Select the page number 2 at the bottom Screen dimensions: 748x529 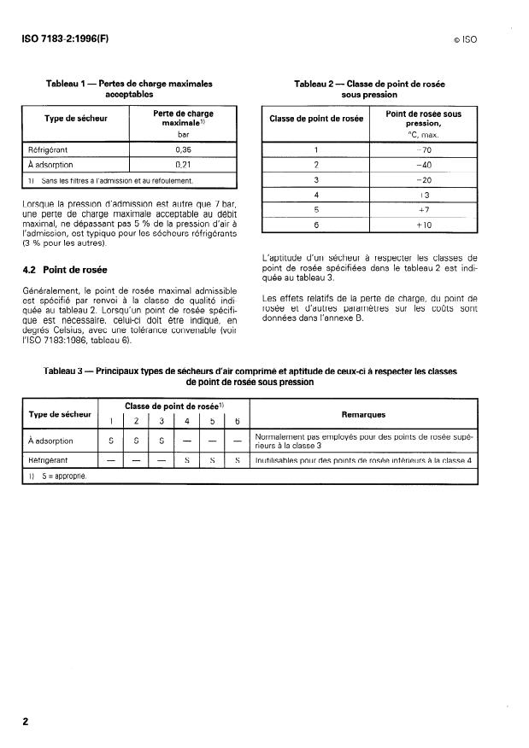(x=25, y=722)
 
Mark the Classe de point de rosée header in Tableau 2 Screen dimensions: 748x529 (x=315, y=119)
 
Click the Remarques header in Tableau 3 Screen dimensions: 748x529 (x=363, y=414)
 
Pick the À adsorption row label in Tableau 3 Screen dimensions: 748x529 (x=51, y=441)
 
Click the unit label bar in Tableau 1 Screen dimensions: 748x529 (x=182, y=133)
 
